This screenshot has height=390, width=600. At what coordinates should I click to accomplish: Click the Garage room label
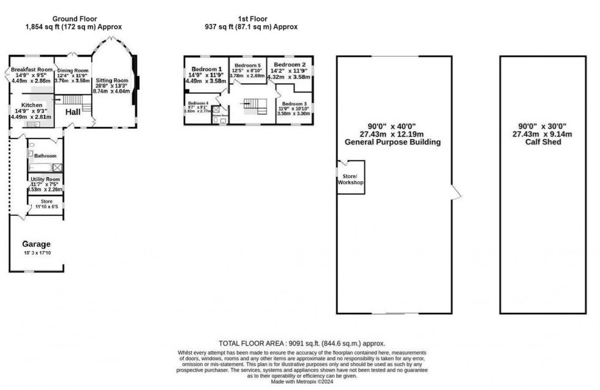(x=37, y=244)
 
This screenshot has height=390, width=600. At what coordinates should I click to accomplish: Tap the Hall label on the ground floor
(x=73, y=112)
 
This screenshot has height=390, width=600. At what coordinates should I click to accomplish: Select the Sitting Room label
(x=111, y=80)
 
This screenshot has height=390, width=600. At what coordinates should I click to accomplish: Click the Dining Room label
(x=73, y=71)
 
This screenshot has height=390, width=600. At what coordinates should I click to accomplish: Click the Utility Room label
(x=47, y=179)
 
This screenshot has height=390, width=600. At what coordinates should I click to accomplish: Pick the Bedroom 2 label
(x=290, y=64)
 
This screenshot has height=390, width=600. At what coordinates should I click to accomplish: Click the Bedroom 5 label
(x=248, y=66)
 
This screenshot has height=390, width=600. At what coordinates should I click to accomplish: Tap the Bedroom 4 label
(x=198, y=103)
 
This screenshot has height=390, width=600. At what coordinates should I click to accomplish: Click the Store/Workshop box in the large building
(x=351, y=179)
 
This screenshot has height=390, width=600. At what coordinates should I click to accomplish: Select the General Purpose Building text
(x=394, y=142)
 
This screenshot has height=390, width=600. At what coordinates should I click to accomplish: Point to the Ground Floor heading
(x=74, y=19)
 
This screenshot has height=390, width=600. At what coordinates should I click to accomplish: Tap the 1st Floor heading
(x=250, y=19)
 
